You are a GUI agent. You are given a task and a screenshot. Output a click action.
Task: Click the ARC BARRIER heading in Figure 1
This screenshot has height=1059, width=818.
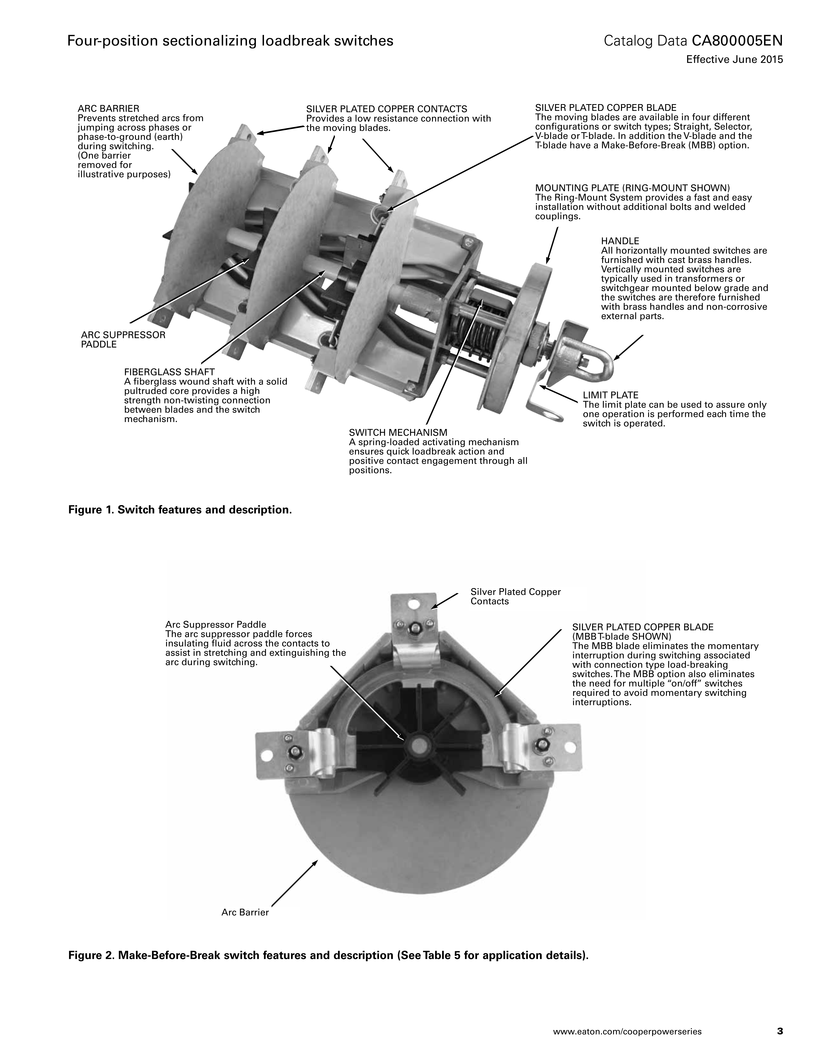(109, 109)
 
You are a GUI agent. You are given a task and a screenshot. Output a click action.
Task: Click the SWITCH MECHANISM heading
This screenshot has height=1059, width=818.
(398, 432)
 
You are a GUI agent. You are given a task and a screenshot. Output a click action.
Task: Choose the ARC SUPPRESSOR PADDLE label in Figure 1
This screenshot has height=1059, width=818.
(123, 339)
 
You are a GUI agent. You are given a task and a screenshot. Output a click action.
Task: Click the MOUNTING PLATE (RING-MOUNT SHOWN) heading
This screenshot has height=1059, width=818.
(632, 188)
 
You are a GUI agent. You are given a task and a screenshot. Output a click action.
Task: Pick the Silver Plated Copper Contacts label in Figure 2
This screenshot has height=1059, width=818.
(516, 596)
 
